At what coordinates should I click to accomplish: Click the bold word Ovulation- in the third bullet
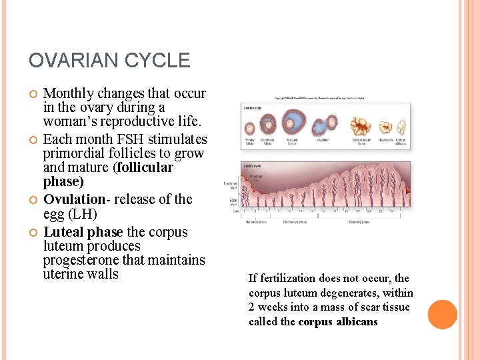click(74, 199)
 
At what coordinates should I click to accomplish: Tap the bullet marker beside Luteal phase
click(33, 232)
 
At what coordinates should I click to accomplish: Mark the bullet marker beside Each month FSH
click(33, 139)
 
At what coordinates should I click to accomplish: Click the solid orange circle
click(442, 315)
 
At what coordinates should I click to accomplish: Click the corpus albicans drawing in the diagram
click(401, 127)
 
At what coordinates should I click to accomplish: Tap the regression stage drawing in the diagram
click(386, 127)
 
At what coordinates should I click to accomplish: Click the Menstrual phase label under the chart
click(257, 221)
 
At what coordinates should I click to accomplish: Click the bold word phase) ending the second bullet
click(63, 181)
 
